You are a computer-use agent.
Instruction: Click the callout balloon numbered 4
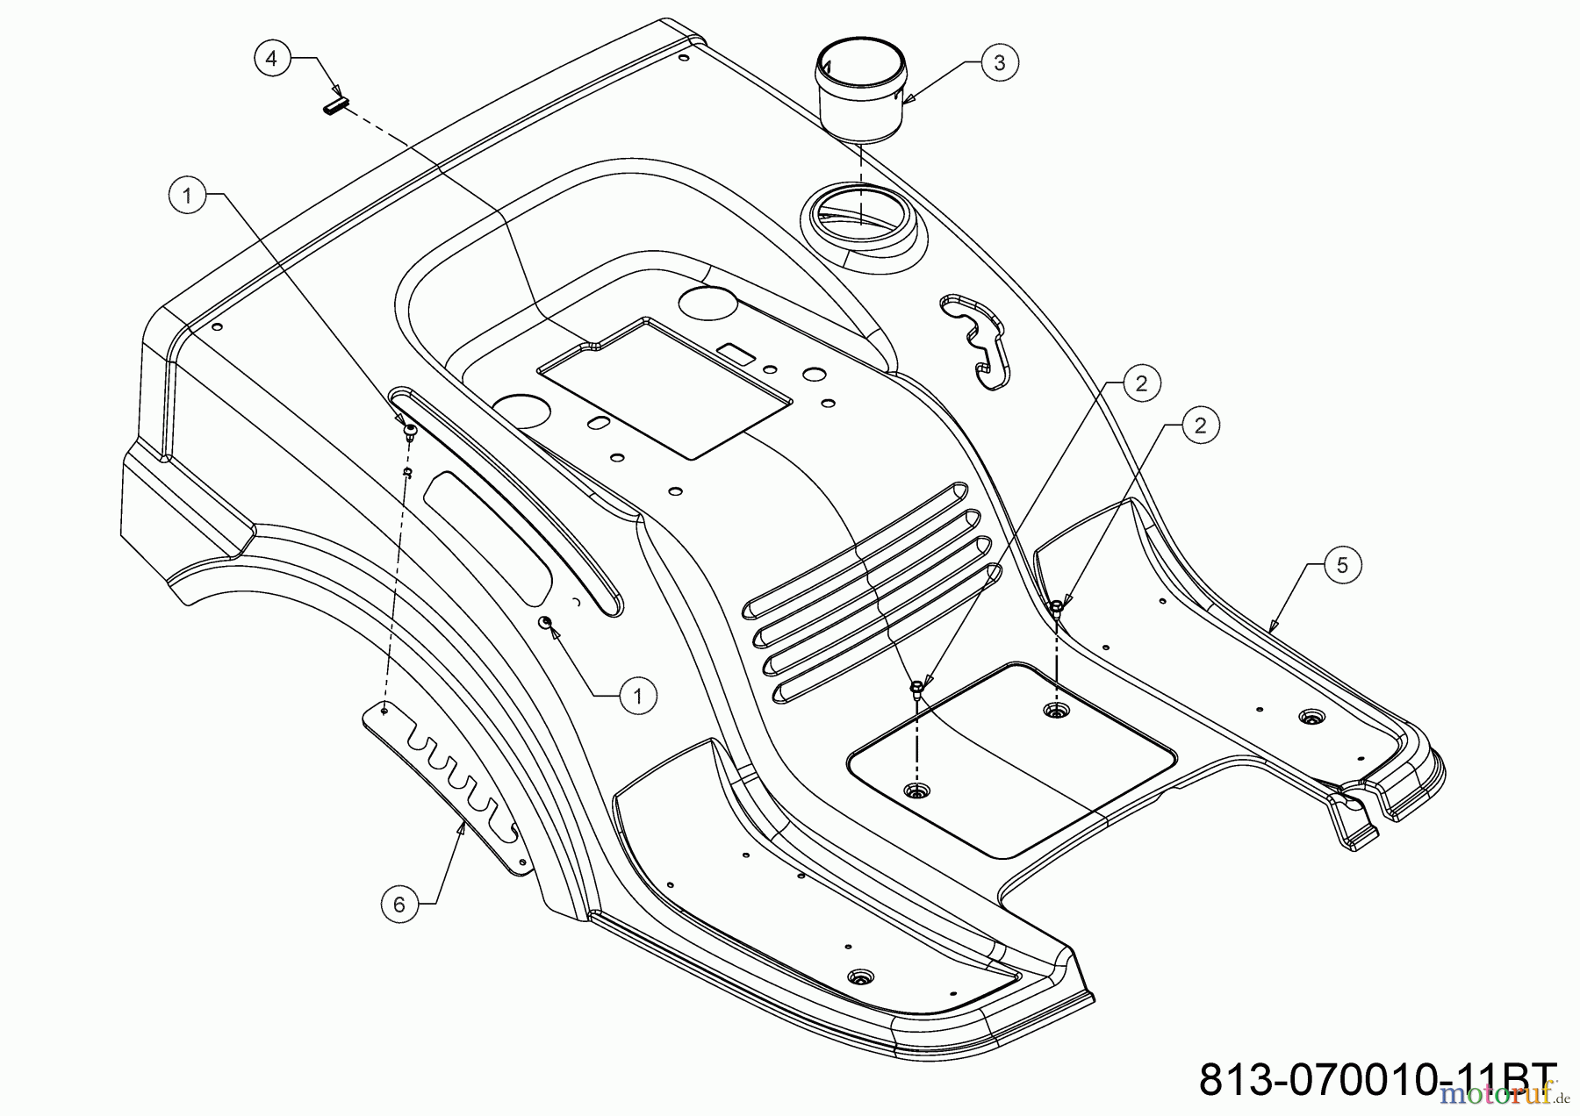click(x=271, y=58)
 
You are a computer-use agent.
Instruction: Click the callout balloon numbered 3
click(x=1000, y=62)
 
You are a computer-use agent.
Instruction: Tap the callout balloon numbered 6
click(x=399, y=904)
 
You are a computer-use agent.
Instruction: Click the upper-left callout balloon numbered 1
click(x=186, y=197)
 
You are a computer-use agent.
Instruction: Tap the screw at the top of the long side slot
click(x=408, y=429)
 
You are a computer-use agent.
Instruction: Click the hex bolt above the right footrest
click(x=1058, y=605)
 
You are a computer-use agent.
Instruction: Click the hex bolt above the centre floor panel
click(x=916, y=685)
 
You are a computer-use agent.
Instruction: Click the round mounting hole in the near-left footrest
click(x=858, y=976)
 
